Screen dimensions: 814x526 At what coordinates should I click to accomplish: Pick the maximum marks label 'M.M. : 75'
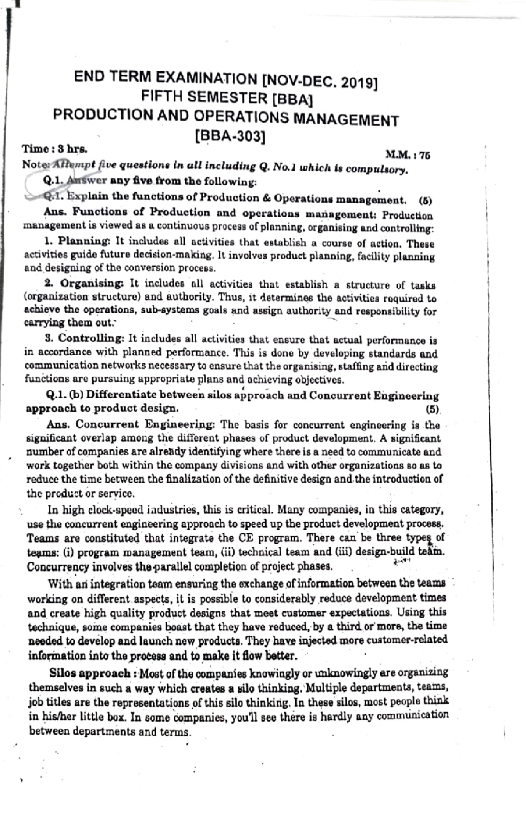click(x=407, y=155)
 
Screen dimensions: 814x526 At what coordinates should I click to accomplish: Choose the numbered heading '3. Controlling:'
click(x=85, y=338)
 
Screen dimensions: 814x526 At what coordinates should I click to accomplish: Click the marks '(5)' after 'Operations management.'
click(x=425, y=201)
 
